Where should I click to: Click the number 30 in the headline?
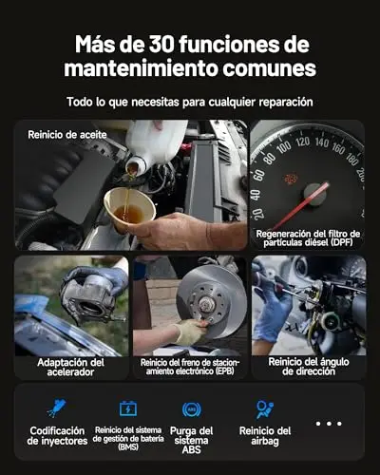tap(161, 44)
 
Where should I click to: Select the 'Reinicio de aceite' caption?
tap(67, 135)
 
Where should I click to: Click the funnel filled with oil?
tap(130, 207)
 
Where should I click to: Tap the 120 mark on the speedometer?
tap(302, 142)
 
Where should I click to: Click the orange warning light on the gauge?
tap(291, 179)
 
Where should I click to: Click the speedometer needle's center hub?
tap(315, 194)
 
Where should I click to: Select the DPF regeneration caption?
tap(308, 238)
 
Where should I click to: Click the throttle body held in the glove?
tap(90, 297)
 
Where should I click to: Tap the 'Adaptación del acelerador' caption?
tap(70, 367)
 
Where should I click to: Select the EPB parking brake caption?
tap(190, 367)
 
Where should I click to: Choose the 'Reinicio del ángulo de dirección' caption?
tap(309, 367)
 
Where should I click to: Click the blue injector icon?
tap(57, 408)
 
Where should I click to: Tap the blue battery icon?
tap(128, 408)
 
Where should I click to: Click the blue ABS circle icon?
tap(191, 409)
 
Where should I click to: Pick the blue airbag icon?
tap(265, 409)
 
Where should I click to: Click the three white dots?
tap(329, 424)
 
